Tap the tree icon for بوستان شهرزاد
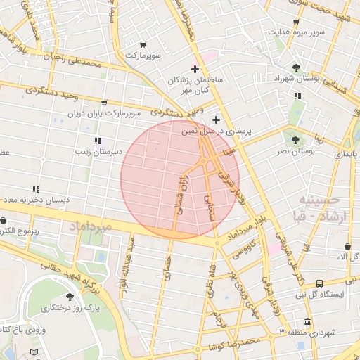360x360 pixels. (x=297, y=67)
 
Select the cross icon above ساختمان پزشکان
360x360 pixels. (x=195, y=70)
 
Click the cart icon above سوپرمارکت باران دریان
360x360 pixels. (x=104, y=103)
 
